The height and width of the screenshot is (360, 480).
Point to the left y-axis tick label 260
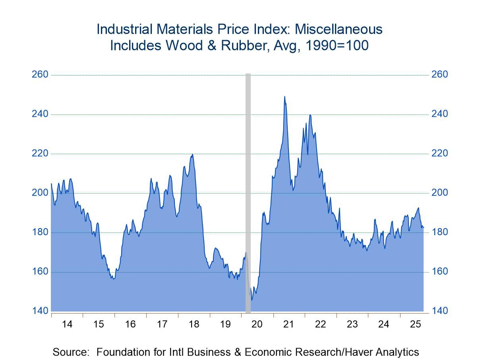(x=40, y=75)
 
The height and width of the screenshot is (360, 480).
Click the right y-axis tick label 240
(x=439, y=114)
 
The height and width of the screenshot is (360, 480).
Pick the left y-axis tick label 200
(x=40, y=193)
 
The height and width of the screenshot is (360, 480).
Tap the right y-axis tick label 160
(x=439, y=271)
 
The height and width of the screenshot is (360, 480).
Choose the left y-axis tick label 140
(x=40, y=311)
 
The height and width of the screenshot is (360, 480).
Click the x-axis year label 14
(x=67, y=324)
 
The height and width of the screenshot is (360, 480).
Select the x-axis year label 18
(x=194, y=324)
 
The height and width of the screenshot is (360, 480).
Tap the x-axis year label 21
(x=289, y=324)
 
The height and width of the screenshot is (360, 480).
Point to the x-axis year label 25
(x=415, y=324)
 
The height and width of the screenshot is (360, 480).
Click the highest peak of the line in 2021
(x=285, y=97)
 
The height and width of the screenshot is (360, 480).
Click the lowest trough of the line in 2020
(x=251, y=300)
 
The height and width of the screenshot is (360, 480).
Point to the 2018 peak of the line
(x=192, y=155)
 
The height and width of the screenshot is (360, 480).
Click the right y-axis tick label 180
(x=439, y=232)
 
